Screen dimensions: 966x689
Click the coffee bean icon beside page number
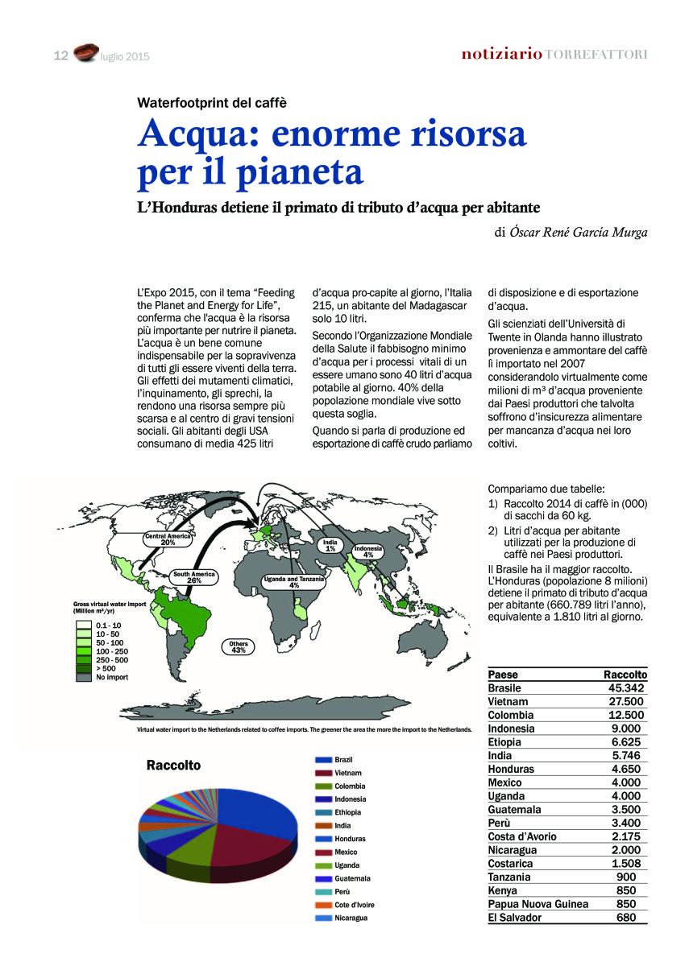click(x=85, y=54)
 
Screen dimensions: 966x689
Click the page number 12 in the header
click(x=60, y=56)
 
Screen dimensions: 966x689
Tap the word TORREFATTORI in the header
click(x=597, y=55)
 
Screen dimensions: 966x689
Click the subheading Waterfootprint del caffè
click(x=212, y=102)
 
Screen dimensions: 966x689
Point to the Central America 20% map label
click(x=168, y=539)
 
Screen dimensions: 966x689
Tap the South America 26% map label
click(x=193, y=577)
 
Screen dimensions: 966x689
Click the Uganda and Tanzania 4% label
click(x=294, y=582)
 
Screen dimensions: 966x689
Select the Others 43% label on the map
click(x=239, y=646)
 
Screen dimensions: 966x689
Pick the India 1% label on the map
click(x=330, y=546)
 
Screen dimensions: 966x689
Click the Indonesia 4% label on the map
click(x=367, y=551)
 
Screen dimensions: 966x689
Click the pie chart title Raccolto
click(x=173, y=766)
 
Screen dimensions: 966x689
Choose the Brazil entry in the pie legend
click(x=342, y=760)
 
